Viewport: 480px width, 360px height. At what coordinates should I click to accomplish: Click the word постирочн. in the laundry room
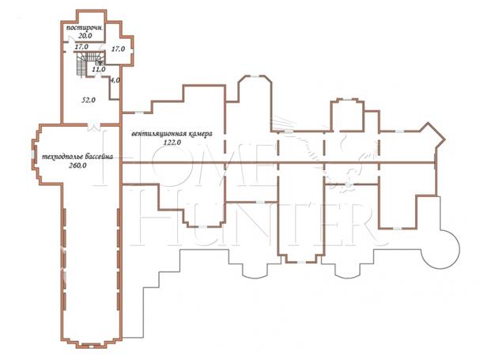coord(85,28)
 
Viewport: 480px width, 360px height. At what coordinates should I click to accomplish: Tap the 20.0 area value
coord(85,36)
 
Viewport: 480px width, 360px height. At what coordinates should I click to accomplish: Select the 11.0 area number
coord(99,70)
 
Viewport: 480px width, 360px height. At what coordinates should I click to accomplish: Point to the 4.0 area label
coord(115,80)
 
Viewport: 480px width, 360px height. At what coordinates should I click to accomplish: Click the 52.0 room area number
coord(89,100)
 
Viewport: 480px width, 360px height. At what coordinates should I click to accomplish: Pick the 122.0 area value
coord(172,142)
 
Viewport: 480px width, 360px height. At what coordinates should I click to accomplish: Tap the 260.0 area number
coord(77,165)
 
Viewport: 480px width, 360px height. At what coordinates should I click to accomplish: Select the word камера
coord(200,135)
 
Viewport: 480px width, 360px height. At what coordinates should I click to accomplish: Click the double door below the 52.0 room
coord(93,126)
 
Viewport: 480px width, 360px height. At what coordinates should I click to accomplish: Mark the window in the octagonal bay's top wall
coord(255,76)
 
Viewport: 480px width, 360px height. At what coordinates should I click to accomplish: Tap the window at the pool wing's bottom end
coord(91,347)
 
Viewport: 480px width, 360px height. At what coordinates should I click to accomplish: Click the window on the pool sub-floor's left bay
coord(32,155)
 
